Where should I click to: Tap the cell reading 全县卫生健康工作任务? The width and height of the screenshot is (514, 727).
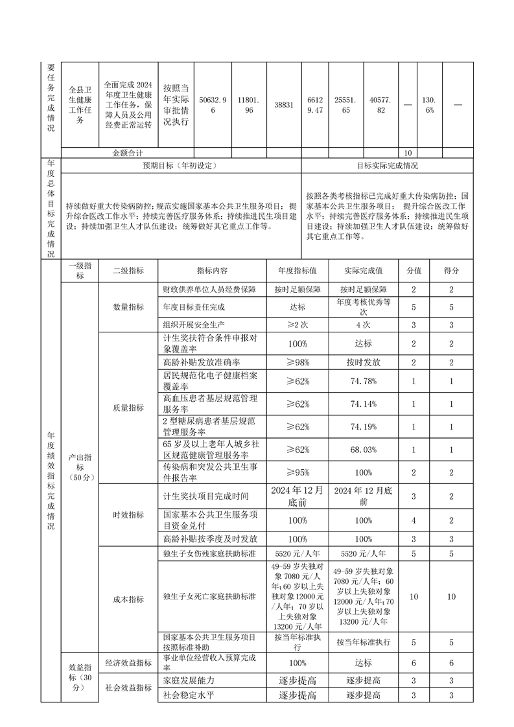coord(80,104)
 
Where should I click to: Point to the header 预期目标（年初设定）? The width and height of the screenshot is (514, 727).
coord(180,165)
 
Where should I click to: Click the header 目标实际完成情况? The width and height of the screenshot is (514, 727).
coord(387,165)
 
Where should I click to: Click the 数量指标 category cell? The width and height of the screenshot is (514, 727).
coord(128,307)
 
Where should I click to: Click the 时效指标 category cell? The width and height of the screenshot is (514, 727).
coord(128,514)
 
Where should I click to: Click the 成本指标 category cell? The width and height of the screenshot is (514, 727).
coord(128,599)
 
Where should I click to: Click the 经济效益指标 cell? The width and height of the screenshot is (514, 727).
coord(128,663)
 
